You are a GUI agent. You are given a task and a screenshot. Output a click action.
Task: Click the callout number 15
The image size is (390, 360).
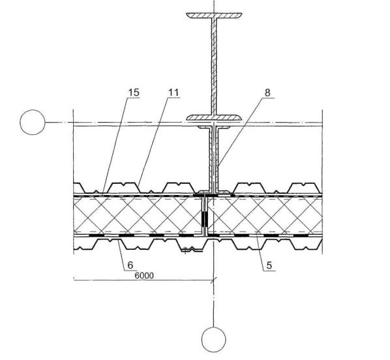134,93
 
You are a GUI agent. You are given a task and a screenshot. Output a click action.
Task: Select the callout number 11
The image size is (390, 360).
173,93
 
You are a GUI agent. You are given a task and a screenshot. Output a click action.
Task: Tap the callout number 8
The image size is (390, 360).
267,93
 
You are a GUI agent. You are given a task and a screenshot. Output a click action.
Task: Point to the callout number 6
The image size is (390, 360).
130,265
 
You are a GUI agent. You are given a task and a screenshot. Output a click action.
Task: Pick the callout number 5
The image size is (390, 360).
269,265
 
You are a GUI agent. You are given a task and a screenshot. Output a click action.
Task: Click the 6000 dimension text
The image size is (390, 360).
144,275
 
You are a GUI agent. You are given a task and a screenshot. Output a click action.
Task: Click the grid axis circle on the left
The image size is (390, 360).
33,122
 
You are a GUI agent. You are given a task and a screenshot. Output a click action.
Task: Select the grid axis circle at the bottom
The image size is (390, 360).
214,340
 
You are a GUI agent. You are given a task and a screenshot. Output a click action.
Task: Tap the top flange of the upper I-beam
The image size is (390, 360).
214,15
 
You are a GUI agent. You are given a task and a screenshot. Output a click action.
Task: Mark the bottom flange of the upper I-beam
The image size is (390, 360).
214,117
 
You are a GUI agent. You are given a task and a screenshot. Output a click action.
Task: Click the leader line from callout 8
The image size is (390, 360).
239,132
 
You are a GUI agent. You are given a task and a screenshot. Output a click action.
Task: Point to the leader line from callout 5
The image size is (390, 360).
261,251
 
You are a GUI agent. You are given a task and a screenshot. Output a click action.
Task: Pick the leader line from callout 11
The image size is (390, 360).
153,142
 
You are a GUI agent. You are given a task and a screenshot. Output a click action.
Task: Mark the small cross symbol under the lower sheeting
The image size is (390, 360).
185,250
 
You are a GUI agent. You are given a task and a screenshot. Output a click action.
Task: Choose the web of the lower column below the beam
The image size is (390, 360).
214,159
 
